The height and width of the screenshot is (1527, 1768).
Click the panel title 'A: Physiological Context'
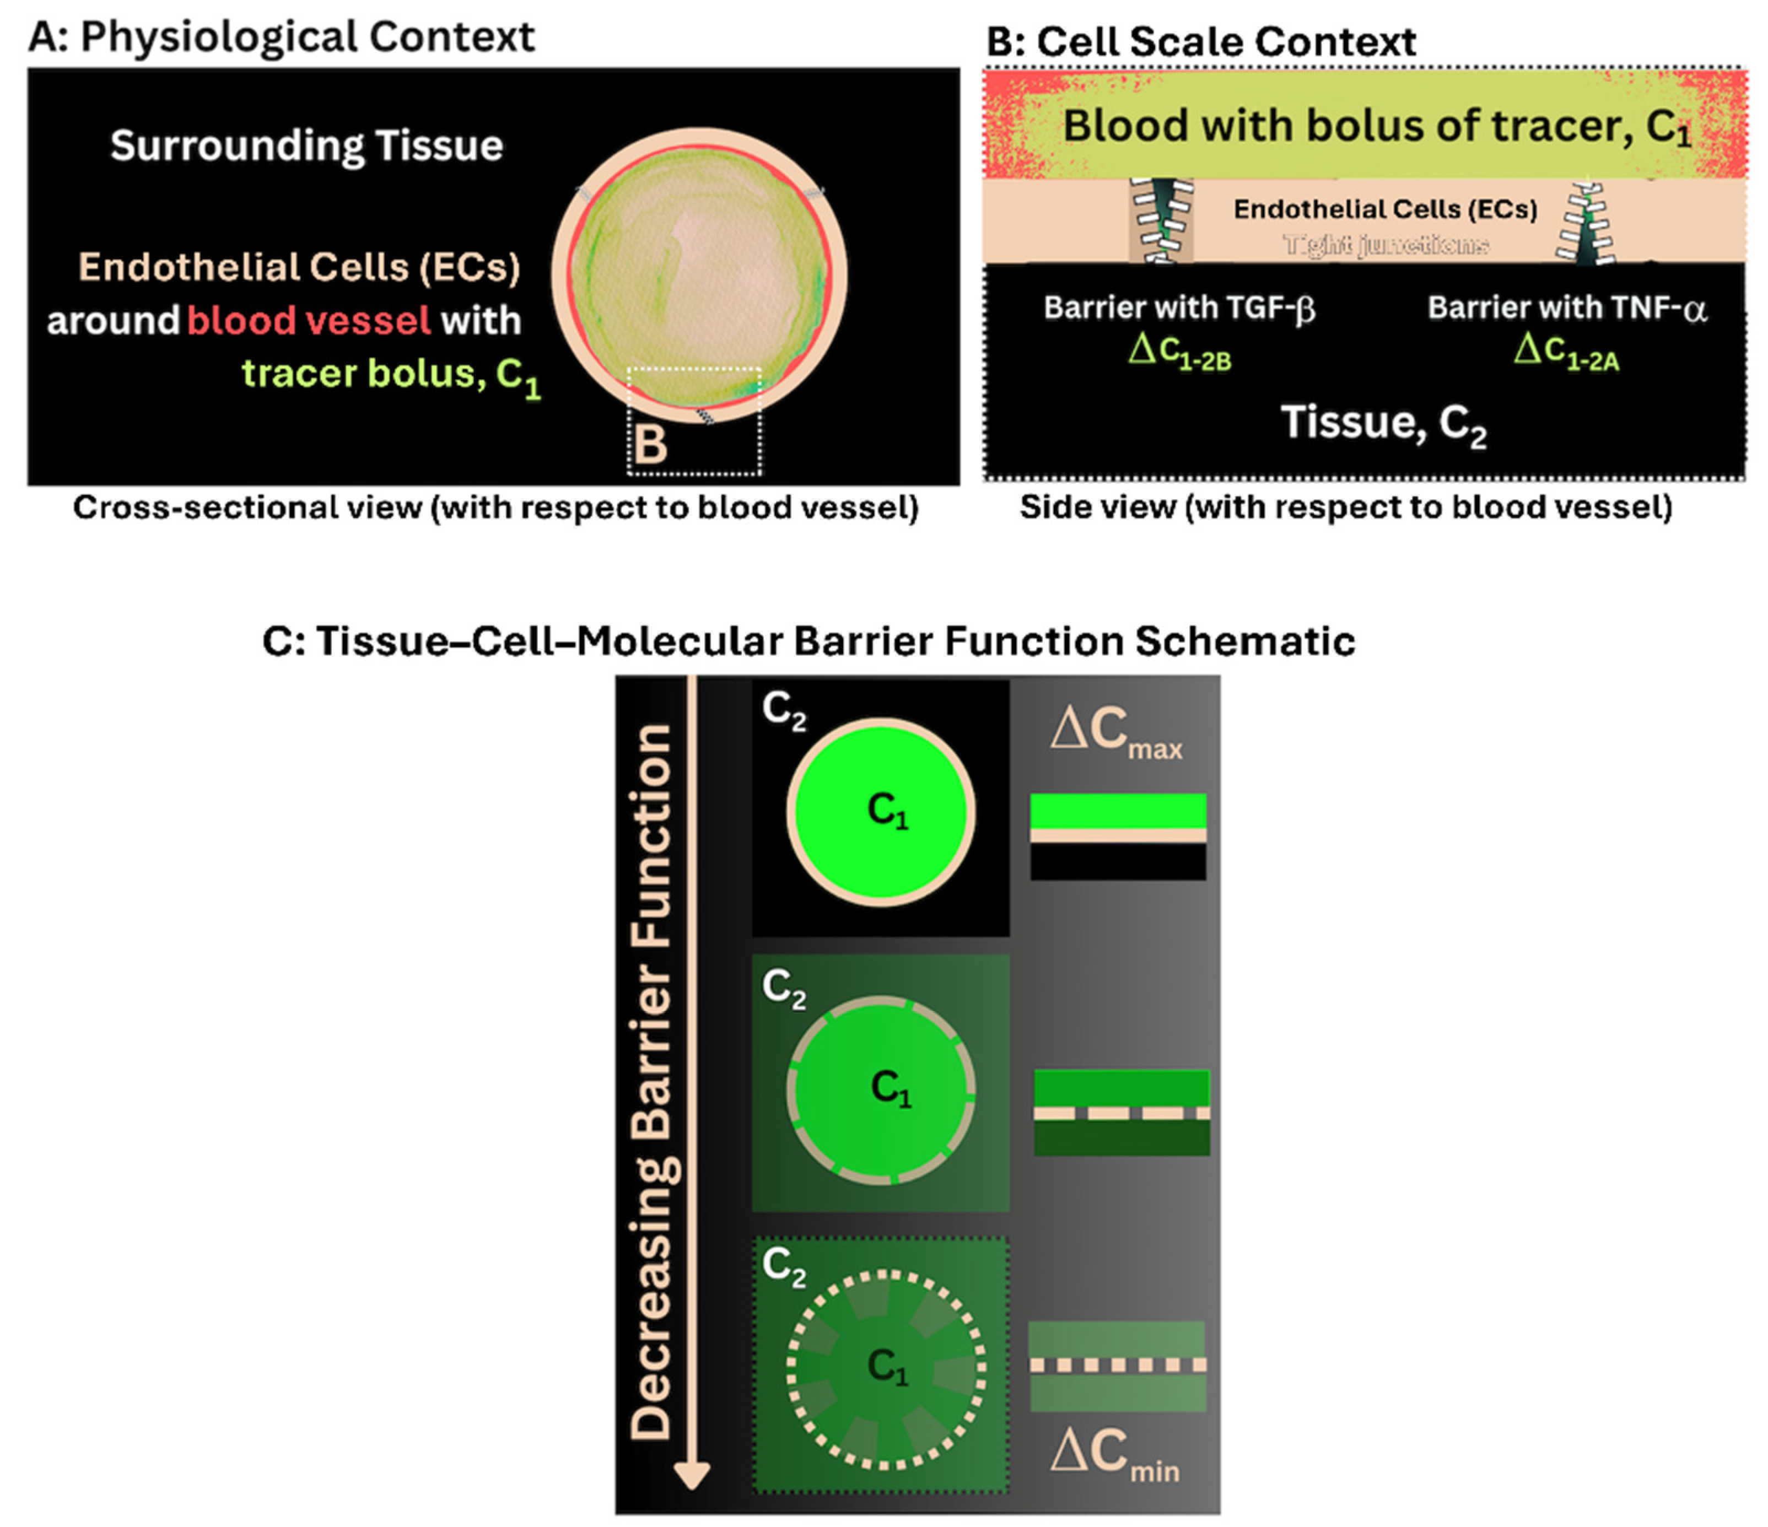click(282, 37)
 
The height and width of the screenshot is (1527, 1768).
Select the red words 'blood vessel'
click(308, 321)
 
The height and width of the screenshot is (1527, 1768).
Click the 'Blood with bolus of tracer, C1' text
click(1376, 126)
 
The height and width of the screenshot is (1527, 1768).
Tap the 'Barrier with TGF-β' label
click(1179, 308)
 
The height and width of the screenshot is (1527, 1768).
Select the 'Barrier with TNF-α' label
click(1567, 308)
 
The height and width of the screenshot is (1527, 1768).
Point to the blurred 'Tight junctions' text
click(1386, 246)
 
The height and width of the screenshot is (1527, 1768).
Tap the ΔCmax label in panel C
click(1116, 732)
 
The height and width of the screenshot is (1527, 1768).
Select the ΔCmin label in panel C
click(1114, 1452)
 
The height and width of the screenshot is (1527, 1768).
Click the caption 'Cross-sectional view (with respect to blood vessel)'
click(495, 508)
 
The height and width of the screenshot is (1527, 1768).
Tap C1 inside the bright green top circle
click(887, 811)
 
